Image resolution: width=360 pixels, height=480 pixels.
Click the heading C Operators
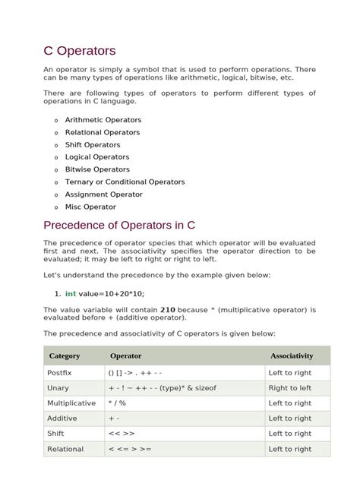point(80,51)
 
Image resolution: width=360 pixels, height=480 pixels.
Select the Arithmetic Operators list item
point(103,120)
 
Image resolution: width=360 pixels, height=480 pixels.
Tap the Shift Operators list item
point(93,145)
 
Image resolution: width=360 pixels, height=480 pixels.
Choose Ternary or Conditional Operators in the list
point(125,182)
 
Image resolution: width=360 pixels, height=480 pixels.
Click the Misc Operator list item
point(91,207)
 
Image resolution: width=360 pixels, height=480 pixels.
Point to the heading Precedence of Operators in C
point(119,225)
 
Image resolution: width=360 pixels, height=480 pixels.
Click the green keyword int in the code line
point(71,293)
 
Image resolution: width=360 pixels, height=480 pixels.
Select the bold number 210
point(169,310)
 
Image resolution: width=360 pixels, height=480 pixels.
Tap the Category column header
point(65,355)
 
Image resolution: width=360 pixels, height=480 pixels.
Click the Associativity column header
point(292,355)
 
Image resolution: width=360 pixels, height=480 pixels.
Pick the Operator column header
point(126,355)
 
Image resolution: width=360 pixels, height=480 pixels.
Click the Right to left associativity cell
point(289,388)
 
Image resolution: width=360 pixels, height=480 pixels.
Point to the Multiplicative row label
point(71,403)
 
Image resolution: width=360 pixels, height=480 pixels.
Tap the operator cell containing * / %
point(118,403)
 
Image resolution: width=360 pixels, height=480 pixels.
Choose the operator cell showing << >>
point(122,434)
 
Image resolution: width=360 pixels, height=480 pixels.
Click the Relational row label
point(65,449)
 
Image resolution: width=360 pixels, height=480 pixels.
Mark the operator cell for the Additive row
point(114,418)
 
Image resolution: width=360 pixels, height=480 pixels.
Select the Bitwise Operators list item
point(97,169)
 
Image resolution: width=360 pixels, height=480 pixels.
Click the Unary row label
point(58,388)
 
